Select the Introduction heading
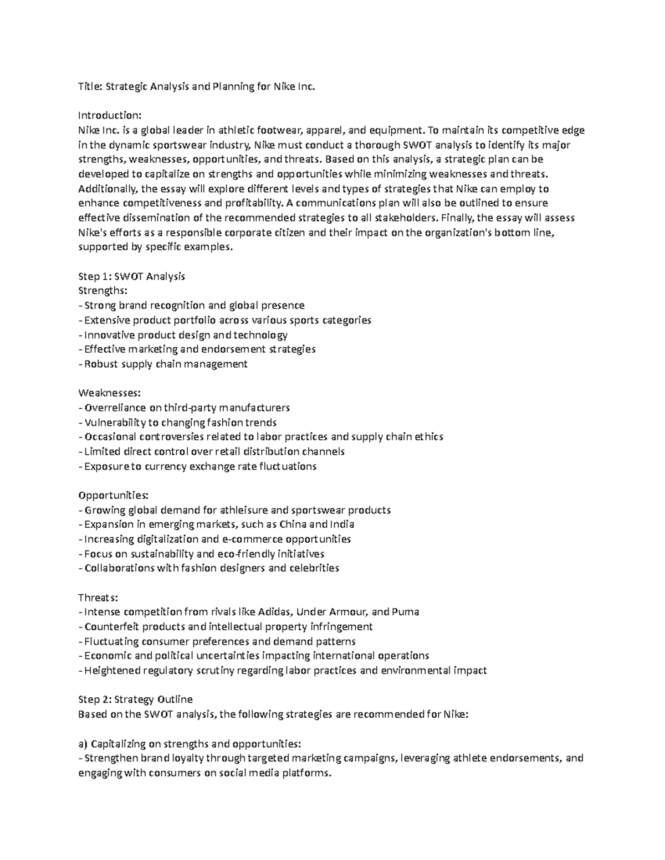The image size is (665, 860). tap(110, 116)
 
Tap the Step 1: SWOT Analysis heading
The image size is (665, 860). tap(131, 276)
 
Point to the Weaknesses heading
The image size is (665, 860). tap(109, 393)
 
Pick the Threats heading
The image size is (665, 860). tap(98, 598)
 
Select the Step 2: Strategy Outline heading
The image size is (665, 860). tap(135, 699)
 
